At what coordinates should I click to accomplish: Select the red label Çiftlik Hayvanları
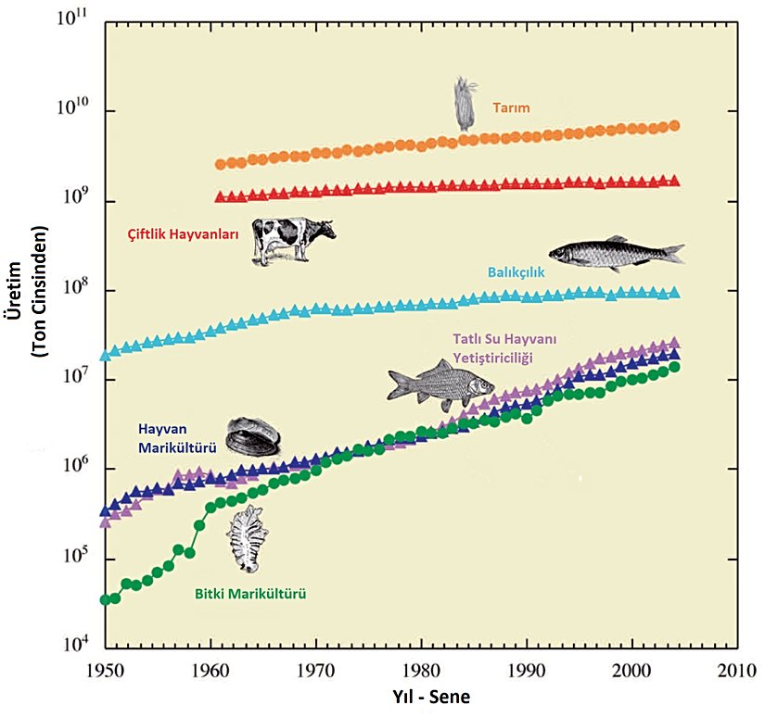pyautogui.click(x=183, y=234)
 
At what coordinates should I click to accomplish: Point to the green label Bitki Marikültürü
pyautogui.click(x=250, y=594)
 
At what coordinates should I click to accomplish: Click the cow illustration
pyautogui.click(x=292, y=241)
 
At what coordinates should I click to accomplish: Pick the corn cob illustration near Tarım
pyautogui.click(x=465, y=103)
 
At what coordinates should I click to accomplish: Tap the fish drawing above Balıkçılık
pyautogui.click(x=616, y=252)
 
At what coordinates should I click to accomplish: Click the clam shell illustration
pyautogui.click(x=252, y=436)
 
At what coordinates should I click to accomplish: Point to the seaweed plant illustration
pyautogui.click(x=246, y=539)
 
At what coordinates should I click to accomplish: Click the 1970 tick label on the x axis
pyautogui.click(x=316, y=670)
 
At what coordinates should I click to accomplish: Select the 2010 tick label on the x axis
pyautogui.click(x=738, y=670)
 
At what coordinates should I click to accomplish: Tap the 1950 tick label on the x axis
pyautogui.click(x=106, y=670)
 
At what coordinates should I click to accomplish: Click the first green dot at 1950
pyautogui.click(x=106, y=600)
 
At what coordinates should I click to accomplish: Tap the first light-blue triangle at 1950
pyautogui.click(x=106, y=354)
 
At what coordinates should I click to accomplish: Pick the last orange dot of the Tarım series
pyautogui.click(x=674, y=126)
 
